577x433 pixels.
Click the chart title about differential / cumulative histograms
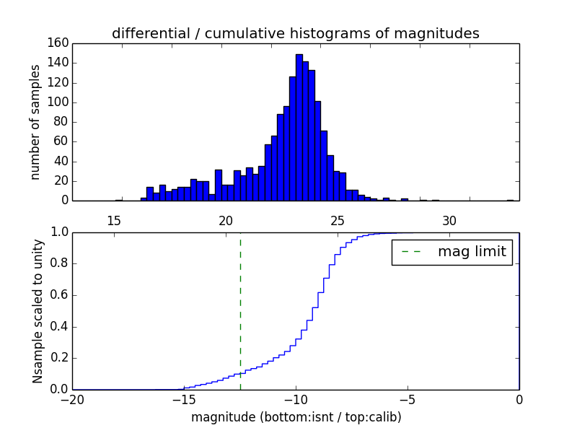[295, 33]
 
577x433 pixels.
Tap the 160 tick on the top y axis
[60, 43]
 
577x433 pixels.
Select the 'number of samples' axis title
[35, 121]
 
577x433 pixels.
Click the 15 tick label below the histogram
[114, 220]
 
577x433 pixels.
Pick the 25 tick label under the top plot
[338, 220]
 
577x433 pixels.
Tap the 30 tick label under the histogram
[449, 220]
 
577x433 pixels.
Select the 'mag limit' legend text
[472, 253]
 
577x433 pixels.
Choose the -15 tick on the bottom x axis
[183, 401]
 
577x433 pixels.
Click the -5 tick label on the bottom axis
[407, 401]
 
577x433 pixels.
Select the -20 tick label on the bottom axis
[72, 401]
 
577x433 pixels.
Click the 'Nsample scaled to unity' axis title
[38, 310]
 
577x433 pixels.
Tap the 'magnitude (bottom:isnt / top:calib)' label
[296, 417]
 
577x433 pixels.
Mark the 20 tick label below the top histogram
[226, 220]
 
